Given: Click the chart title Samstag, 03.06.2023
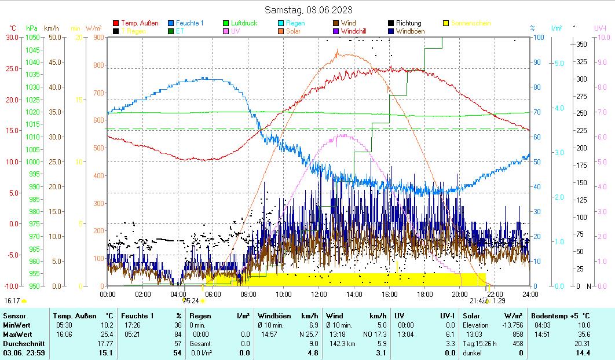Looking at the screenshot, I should [308, 10].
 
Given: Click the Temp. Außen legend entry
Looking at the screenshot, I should [140, 23].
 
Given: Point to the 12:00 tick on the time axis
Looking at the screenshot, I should [319, 294].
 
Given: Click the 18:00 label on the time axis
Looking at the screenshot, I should [424, 294].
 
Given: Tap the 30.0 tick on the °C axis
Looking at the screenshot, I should [12, 38].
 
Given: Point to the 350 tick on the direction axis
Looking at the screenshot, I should [581, 45].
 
